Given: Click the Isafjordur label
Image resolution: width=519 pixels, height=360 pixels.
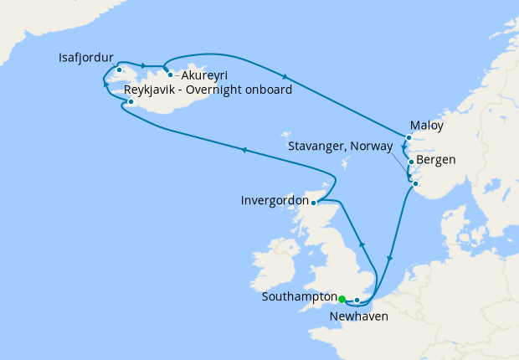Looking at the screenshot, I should (86, 58).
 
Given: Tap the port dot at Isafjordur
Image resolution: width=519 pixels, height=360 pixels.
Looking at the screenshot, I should (120, 69).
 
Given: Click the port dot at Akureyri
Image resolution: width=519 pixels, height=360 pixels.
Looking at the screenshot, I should (170, 75).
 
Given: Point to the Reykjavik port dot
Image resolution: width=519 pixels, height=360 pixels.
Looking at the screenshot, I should (131, 103).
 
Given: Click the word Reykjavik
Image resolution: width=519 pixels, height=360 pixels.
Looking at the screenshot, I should (152, 90).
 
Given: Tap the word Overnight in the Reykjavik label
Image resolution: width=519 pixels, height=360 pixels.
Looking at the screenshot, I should (223, 90).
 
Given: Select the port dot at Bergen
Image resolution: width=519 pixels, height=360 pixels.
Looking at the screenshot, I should (411, 162).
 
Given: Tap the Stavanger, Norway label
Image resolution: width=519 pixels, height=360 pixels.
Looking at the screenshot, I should (340, 146).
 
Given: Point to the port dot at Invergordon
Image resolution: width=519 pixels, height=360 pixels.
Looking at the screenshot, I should (313, 203).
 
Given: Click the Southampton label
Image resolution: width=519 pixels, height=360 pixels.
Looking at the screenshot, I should (299, 296).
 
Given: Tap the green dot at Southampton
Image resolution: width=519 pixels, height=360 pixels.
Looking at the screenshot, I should (342, 298).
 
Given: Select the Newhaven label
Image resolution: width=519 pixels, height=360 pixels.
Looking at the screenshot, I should (358, 317).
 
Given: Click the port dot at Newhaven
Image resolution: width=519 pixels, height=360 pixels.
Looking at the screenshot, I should (357, 300).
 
